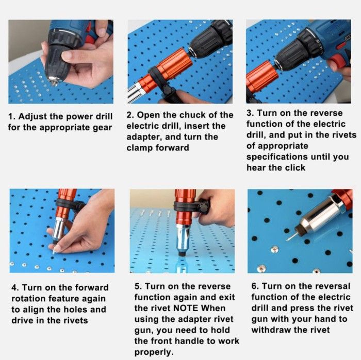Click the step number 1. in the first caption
[x=11, y=116]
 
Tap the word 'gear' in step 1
[x=103, y=128]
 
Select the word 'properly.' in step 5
[x=154, y=352]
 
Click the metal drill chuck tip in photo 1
[x=54, y=81]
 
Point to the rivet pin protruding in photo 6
[x=290, y=237]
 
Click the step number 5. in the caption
[x=138, y=286]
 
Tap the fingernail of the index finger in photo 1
[x=66, y=55]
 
